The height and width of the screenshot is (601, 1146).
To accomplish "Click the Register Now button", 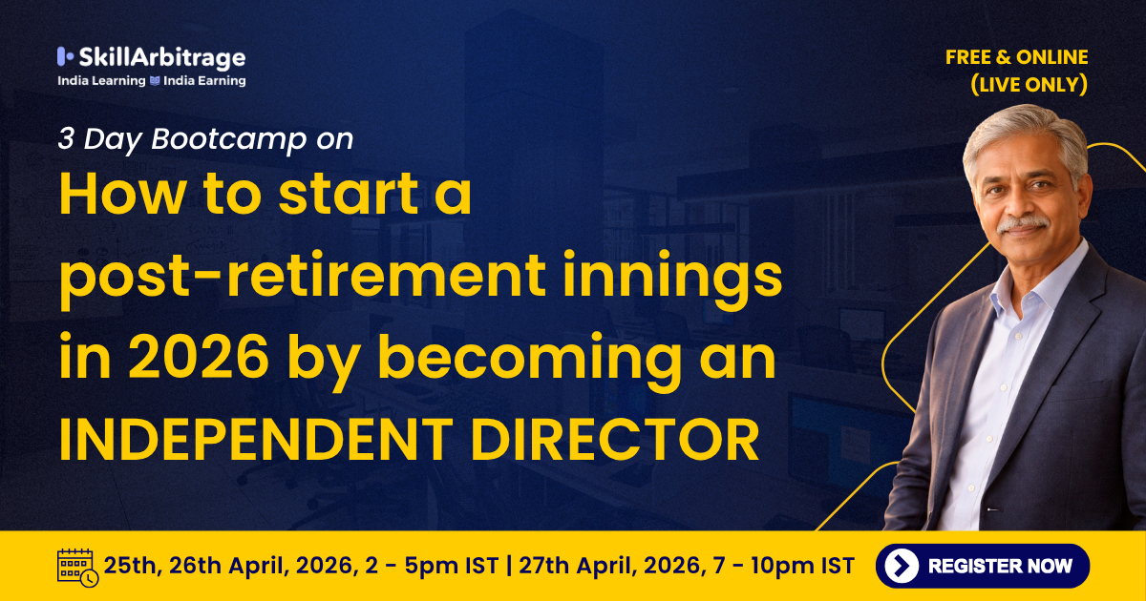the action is coord(983,566).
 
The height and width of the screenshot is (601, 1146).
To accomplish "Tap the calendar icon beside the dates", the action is coord(77,568).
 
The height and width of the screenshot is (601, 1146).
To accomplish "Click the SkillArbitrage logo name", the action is coord(162,58).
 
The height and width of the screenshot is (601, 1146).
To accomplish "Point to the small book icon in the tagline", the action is coord(155,81).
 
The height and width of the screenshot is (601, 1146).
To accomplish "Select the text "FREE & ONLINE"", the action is coord(1016,57).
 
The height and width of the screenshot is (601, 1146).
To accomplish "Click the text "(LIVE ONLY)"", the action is coord(1029,84).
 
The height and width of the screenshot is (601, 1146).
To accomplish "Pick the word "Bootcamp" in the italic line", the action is coord(228,138).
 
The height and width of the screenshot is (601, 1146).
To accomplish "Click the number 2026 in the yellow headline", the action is coord(199,356).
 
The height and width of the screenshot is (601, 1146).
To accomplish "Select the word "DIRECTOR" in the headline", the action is coord(614,440).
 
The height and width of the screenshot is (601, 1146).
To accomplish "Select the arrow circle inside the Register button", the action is coord(902,566).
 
